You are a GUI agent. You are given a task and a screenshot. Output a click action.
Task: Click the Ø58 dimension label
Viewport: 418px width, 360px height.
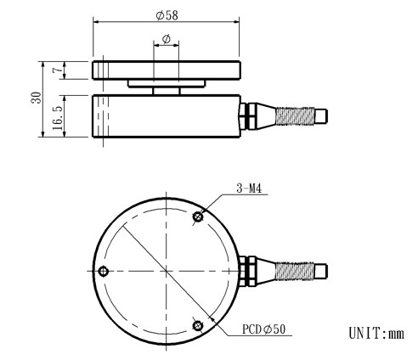(x=167, y=15)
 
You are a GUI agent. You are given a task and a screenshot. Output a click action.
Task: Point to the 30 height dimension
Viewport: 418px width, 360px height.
(x=35, y=99)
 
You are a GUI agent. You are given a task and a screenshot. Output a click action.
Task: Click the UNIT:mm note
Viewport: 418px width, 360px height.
(x=376, y=331)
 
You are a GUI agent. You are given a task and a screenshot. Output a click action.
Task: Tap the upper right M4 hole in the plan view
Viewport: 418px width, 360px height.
(x=198, y=217)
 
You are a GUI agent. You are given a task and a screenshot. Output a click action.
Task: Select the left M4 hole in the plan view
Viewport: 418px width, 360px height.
(x=104, y=271)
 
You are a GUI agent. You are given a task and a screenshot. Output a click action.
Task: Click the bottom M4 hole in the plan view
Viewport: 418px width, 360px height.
(x=198, y=323)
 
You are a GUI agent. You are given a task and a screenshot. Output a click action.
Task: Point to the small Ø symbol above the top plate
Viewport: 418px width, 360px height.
(x=167, y=39)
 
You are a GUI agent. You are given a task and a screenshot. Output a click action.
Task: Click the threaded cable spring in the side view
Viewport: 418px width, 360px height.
(x=297, y=115)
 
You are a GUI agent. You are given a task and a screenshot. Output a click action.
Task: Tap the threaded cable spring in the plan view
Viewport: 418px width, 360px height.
(x=297, y=271)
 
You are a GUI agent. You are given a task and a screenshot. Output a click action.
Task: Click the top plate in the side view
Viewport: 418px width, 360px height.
(x=167, y=70)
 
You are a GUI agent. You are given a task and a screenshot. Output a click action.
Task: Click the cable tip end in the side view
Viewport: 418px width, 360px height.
(x=322, y=115)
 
